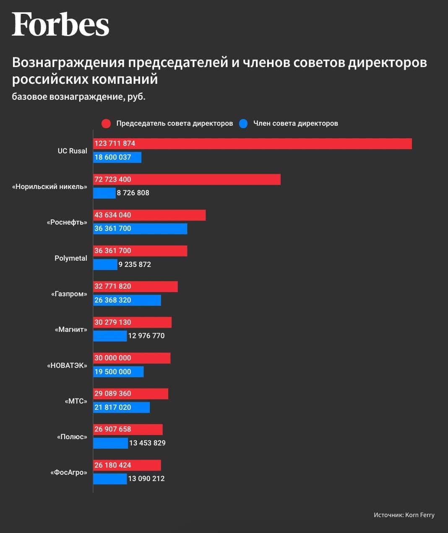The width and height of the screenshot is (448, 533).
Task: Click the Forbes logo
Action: pyautogui.click(x=60, y=24)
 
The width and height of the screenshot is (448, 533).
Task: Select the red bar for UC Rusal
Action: pyautogui.click(x=252, y=143)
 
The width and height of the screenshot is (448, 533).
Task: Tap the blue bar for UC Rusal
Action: pyautogui.click(x=117, y=157)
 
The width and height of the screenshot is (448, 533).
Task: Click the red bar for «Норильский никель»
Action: pyautogui.click(x=187, y=179)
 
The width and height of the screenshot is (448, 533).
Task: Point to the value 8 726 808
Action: pyautogui.click(x=133, y=193)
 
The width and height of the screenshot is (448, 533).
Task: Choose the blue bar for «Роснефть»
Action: pyautogui.click(x=140, y=228)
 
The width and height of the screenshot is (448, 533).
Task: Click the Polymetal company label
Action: pyautogui.click(x=71, y=258)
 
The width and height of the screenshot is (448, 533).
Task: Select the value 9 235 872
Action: pyautogui.click(x=135, y=264)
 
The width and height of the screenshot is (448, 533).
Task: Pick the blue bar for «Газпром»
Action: pyautogui.click(x=127, y=300)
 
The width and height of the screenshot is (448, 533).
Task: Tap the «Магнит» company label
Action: pyautogui.click(x=71, y=329)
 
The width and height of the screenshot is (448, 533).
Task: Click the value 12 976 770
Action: pyautogui.click(x=146, y=336)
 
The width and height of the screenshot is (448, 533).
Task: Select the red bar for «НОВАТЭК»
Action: pyautogui.click(x=132, y=358)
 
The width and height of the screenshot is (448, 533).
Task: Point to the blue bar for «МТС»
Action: pyautogui.click(x=121, y=407)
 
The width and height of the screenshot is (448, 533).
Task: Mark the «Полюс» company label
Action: pyautogui.click(x=72, y=437)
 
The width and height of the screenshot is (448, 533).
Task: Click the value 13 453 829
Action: pyautogui.click(x=147, y=443)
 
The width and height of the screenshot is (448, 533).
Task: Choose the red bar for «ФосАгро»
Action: pyautogui.click(x=127, y=465)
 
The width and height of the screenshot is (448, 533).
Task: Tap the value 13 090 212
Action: pyautogui.click(x=146, y=479)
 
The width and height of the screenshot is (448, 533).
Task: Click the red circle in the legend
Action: pyautogui.click(x=106, y=124)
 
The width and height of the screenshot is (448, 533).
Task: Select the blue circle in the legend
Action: pyautogui.click(x=243, y=124)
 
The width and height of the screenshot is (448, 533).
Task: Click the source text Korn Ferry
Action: pyautogui.click(x=420, y=515)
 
